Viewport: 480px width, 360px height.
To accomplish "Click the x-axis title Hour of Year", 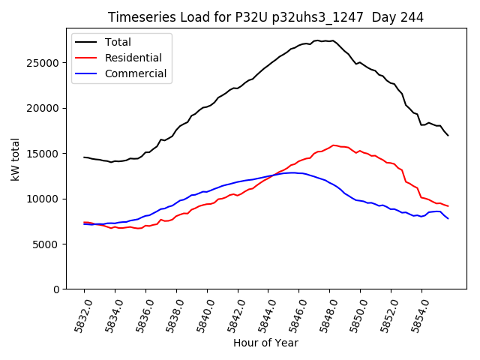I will coord(265,343).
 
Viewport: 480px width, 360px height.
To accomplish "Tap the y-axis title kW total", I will coord(15,159).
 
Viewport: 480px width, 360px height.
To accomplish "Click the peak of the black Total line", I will coord(318,40).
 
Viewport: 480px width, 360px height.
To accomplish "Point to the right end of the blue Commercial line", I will coord(448,218).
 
